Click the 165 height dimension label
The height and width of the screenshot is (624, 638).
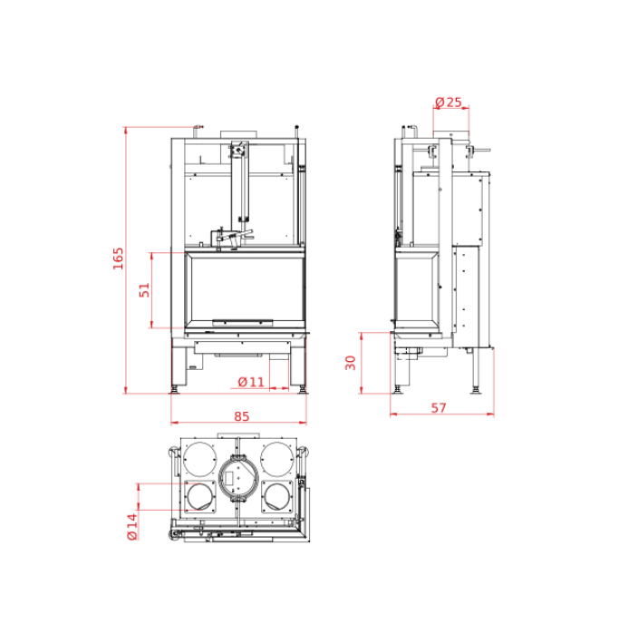(118, 258)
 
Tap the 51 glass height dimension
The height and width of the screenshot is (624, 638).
(144, 290)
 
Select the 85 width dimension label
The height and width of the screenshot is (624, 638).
(241, 416)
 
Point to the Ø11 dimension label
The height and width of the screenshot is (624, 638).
(251, 382)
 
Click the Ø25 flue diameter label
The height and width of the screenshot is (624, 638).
(449, 102)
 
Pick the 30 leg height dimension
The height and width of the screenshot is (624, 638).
(351, 363)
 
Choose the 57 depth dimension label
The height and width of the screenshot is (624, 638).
(439, 408)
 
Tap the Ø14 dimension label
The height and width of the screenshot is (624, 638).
(132, 526)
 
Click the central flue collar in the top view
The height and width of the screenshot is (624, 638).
(238, 476)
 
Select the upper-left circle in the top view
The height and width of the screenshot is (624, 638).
(199, 459)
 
